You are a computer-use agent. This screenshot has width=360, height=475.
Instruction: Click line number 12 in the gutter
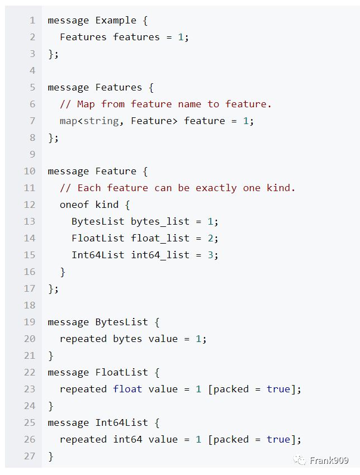pyautogui.click(x=29, y=205)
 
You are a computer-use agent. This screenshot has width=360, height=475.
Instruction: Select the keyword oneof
pyautogui.click(x=74, y=205)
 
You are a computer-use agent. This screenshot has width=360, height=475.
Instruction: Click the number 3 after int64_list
pyautogui.click(x=210, y=255)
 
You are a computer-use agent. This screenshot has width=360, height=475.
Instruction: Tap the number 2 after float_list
pyautogui.click(x=210, y=238)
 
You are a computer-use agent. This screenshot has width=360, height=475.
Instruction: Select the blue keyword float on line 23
pyautogui.click(x=127, y=389)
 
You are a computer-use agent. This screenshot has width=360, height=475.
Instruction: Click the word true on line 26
pyautogui.click(x=278, y=439)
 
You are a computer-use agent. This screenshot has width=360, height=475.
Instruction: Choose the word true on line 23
pyautogui.click(x=278, y=389)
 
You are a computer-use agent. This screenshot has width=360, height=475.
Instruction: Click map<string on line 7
pyautogui.click(x=89, y=121)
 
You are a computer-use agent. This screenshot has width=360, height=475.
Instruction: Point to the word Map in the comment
pyautogui.click(x=86, y=104)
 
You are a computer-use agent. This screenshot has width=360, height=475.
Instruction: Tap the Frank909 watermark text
pyautogui.click(x=329, y=460)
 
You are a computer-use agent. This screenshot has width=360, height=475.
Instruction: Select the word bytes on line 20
pyautogui.click(x=127, y=339)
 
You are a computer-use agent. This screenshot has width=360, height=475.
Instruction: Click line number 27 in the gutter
pyautogui.click(x=29, y=456)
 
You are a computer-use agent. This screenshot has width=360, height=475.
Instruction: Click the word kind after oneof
pyautogui.click(x=107, y=205)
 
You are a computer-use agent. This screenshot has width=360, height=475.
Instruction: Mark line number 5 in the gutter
pyautogui.click(x=32, y=87)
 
